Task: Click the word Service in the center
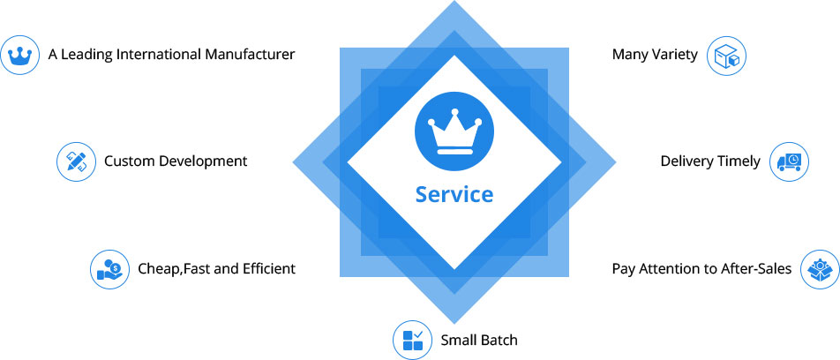454,193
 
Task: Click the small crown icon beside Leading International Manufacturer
19,56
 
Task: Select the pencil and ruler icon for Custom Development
75,161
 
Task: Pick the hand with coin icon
109,269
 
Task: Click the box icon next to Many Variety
730,56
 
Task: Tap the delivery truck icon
789,161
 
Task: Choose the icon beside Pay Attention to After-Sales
820,269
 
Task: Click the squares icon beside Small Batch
411,340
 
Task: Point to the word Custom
130,161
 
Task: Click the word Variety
673,55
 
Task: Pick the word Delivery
686,161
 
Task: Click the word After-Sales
761,268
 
